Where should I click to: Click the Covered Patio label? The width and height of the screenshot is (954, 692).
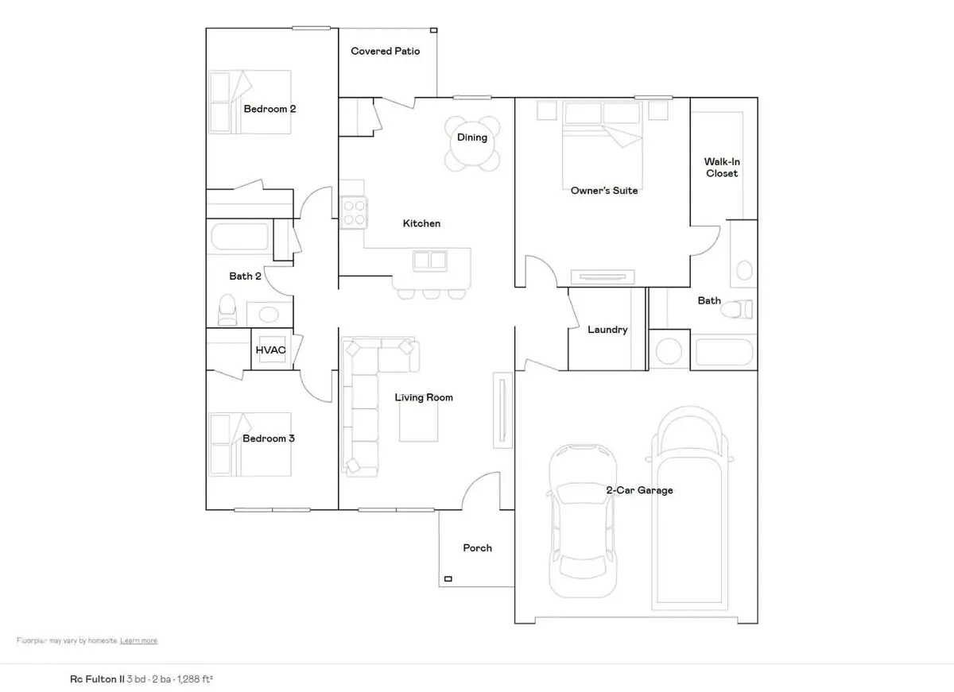pos(385,51)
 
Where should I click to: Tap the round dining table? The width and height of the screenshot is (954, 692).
pos(472,144)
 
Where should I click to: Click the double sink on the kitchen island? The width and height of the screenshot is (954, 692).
pos(430,261)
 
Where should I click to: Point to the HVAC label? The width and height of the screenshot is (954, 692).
pos(270,349)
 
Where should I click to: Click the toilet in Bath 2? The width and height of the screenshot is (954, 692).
pos(227,310)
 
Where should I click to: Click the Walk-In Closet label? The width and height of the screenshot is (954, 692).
pos(721,168)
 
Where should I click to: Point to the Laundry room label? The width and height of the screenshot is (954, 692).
pos(607,330)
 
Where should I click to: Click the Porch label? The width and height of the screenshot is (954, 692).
pos(477,548)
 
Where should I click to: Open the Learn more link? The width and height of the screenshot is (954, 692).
pos(139,640)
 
